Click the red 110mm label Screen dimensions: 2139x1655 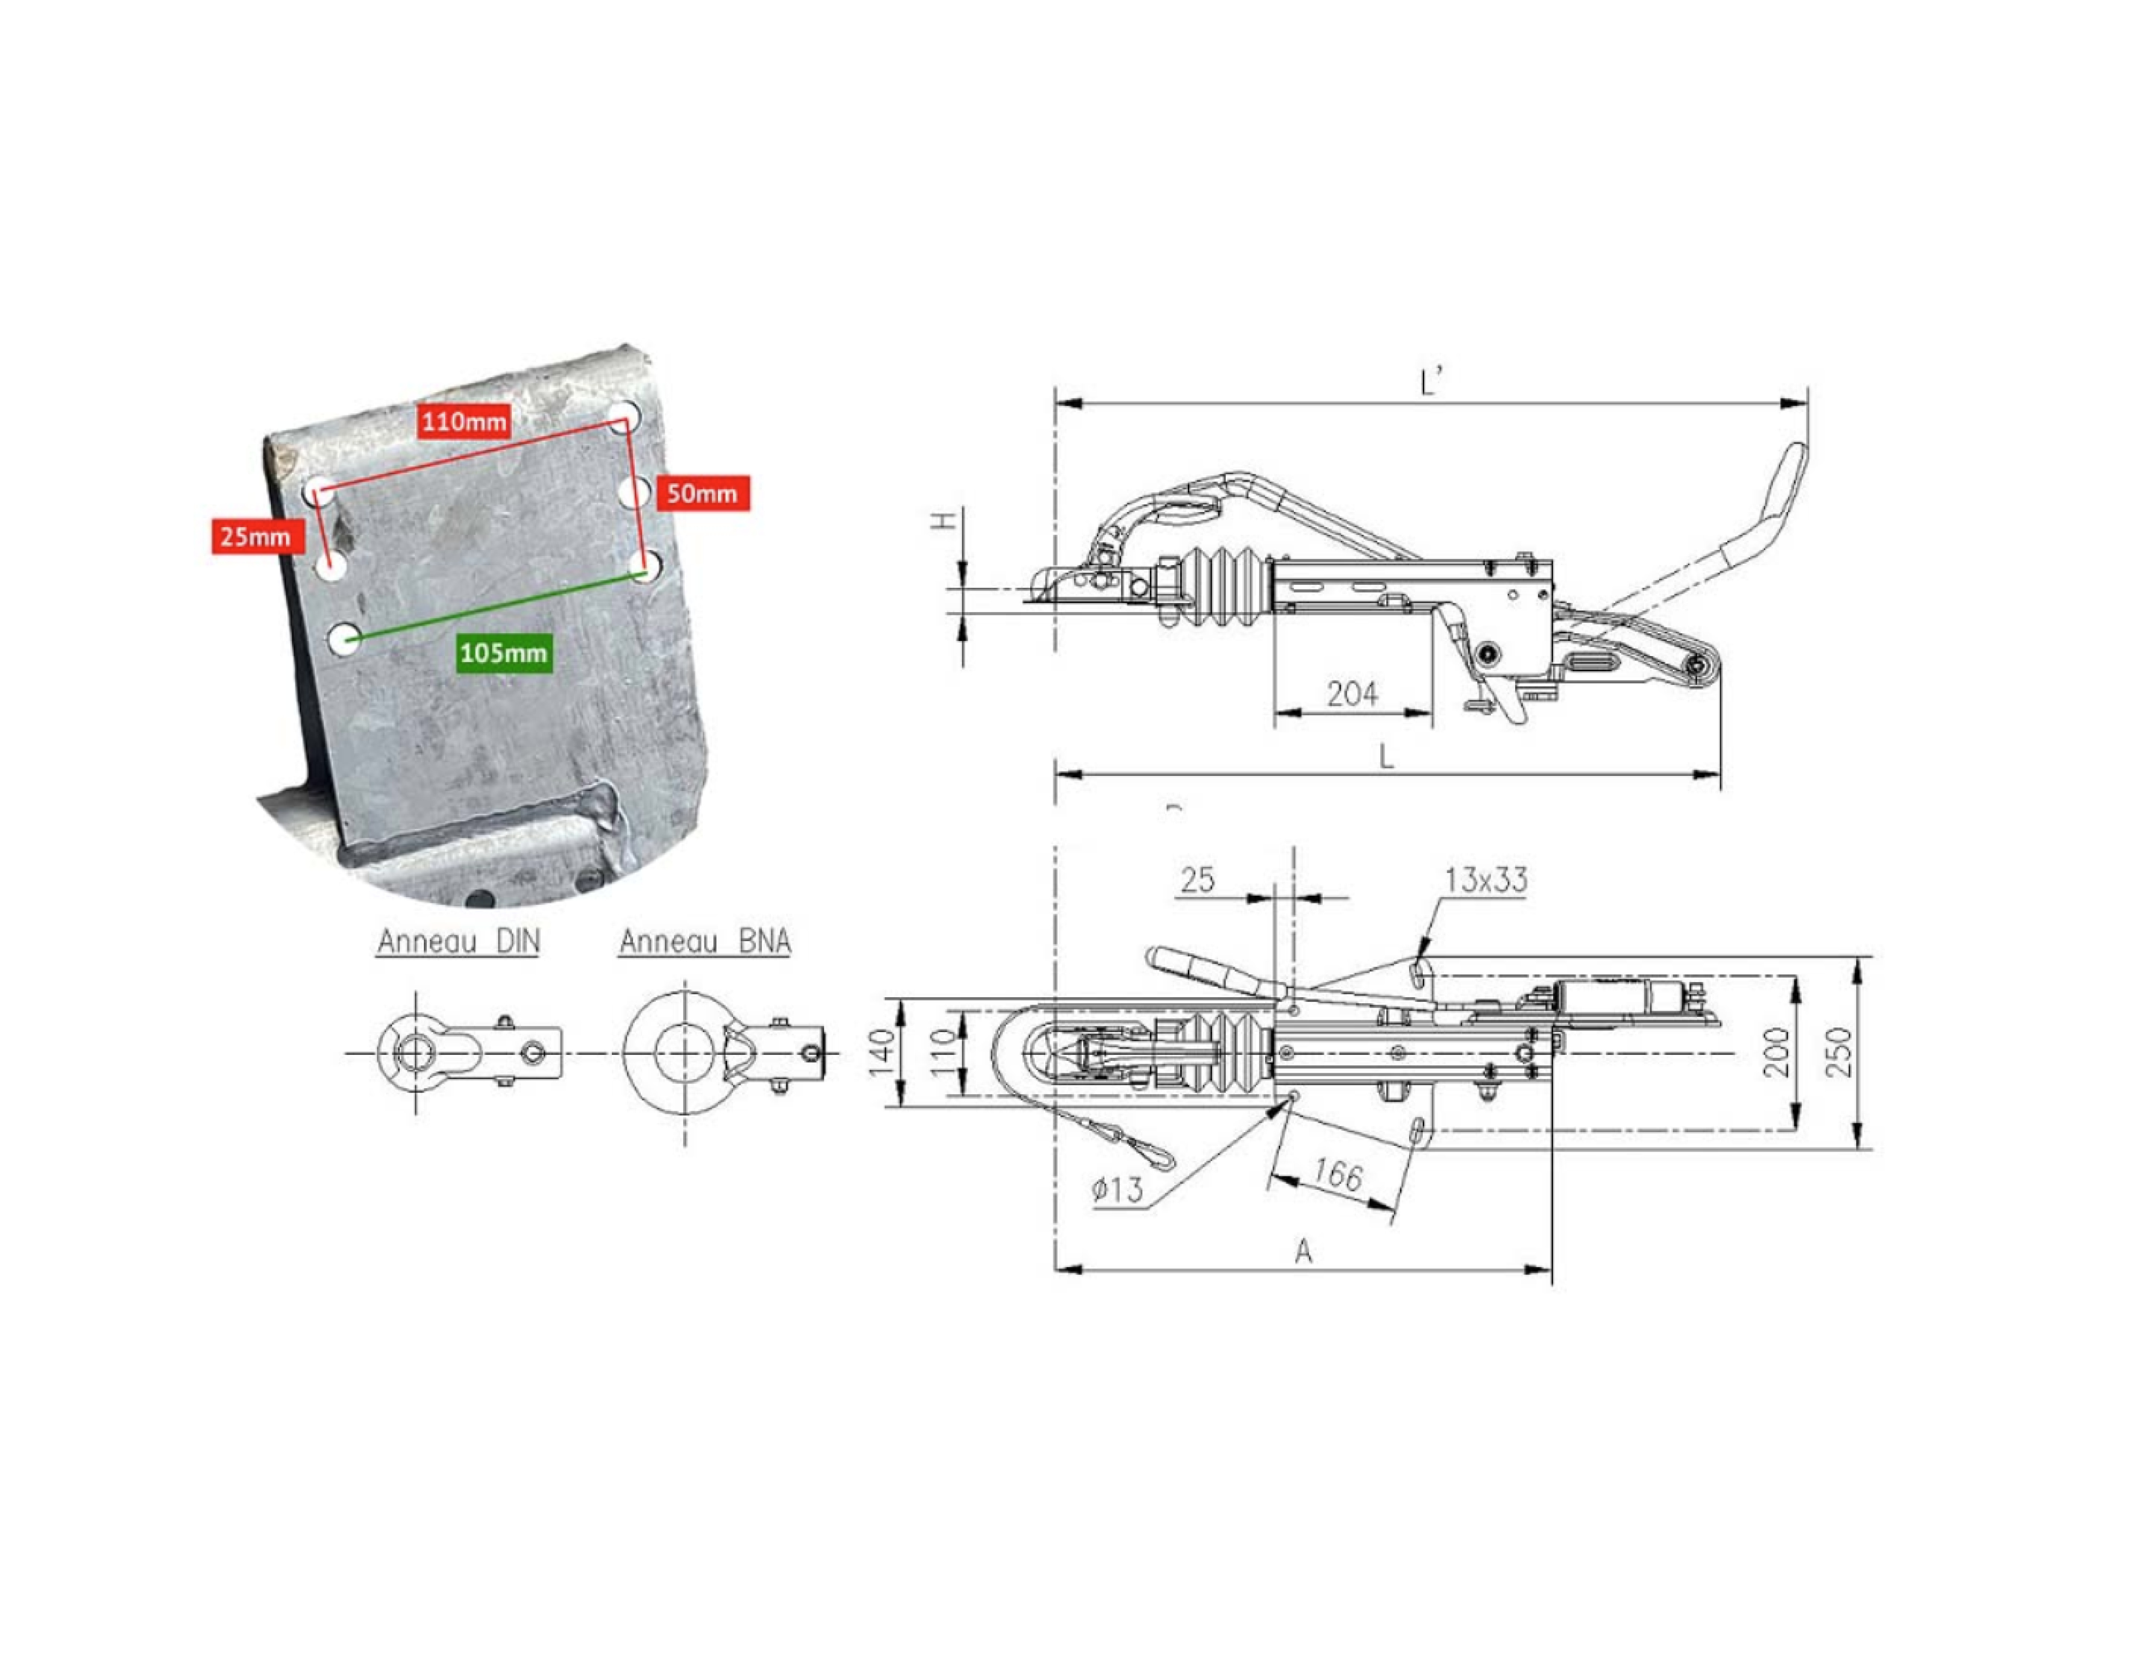point(464,422)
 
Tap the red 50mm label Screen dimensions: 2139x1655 point(702,493)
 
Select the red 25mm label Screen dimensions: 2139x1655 point(257,537)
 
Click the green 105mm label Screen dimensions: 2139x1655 point(504,653)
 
